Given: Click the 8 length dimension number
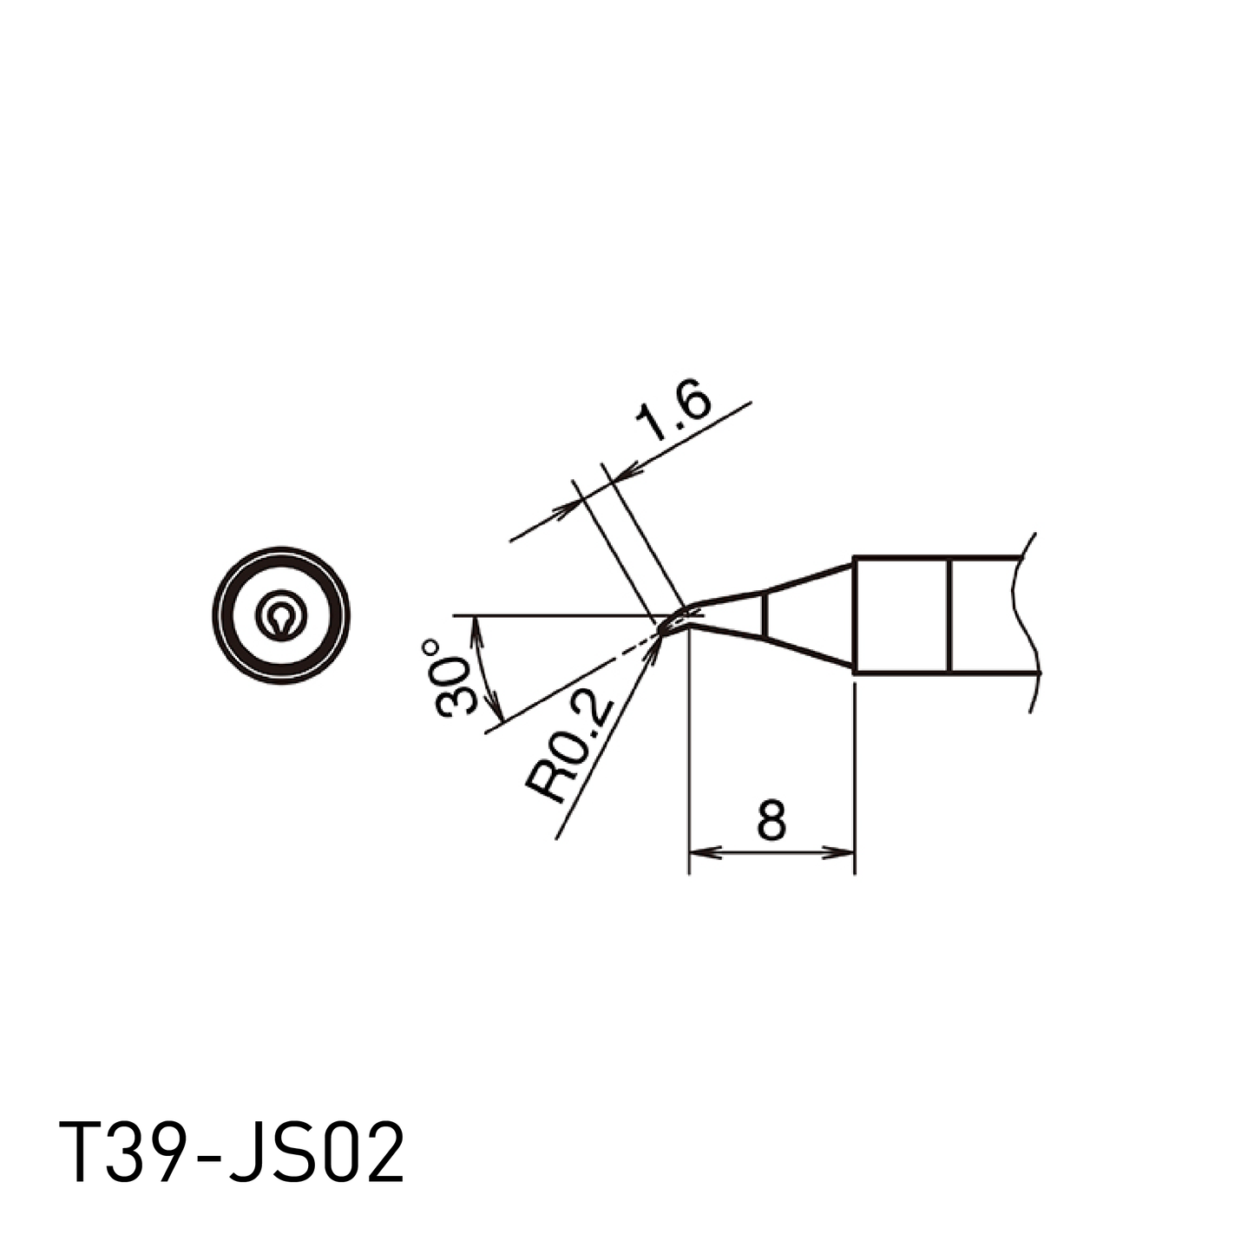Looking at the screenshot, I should (771, 820).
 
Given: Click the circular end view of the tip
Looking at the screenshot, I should (281, 615).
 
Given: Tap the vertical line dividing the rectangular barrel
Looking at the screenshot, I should (950, 615).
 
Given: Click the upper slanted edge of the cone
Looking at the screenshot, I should (807, 578).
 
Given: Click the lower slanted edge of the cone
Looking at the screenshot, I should (807, 653).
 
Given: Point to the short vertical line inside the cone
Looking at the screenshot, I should (765, 615).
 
